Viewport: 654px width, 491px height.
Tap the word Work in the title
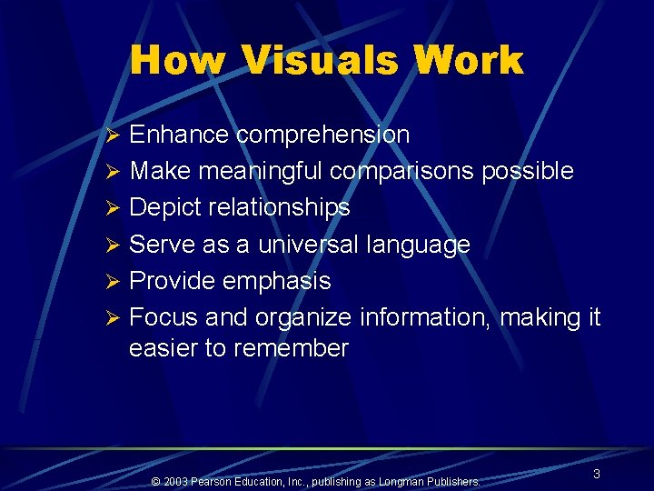pos(469,62)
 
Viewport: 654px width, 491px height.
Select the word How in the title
pos(177,62)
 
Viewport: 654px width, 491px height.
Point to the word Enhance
pos(179,135)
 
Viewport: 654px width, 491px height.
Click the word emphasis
pos(277,282)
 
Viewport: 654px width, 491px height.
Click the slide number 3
pos(596,474)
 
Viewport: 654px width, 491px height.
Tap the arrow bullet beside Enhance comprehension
pos(114,136)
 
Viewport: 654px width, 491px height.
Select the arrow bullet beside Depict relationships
pos(114,209)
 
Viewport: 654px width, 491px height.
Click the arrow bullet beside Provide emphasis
pos(114,283)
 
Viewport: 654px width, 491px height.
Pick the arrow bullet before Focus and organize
pos(114,319)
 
